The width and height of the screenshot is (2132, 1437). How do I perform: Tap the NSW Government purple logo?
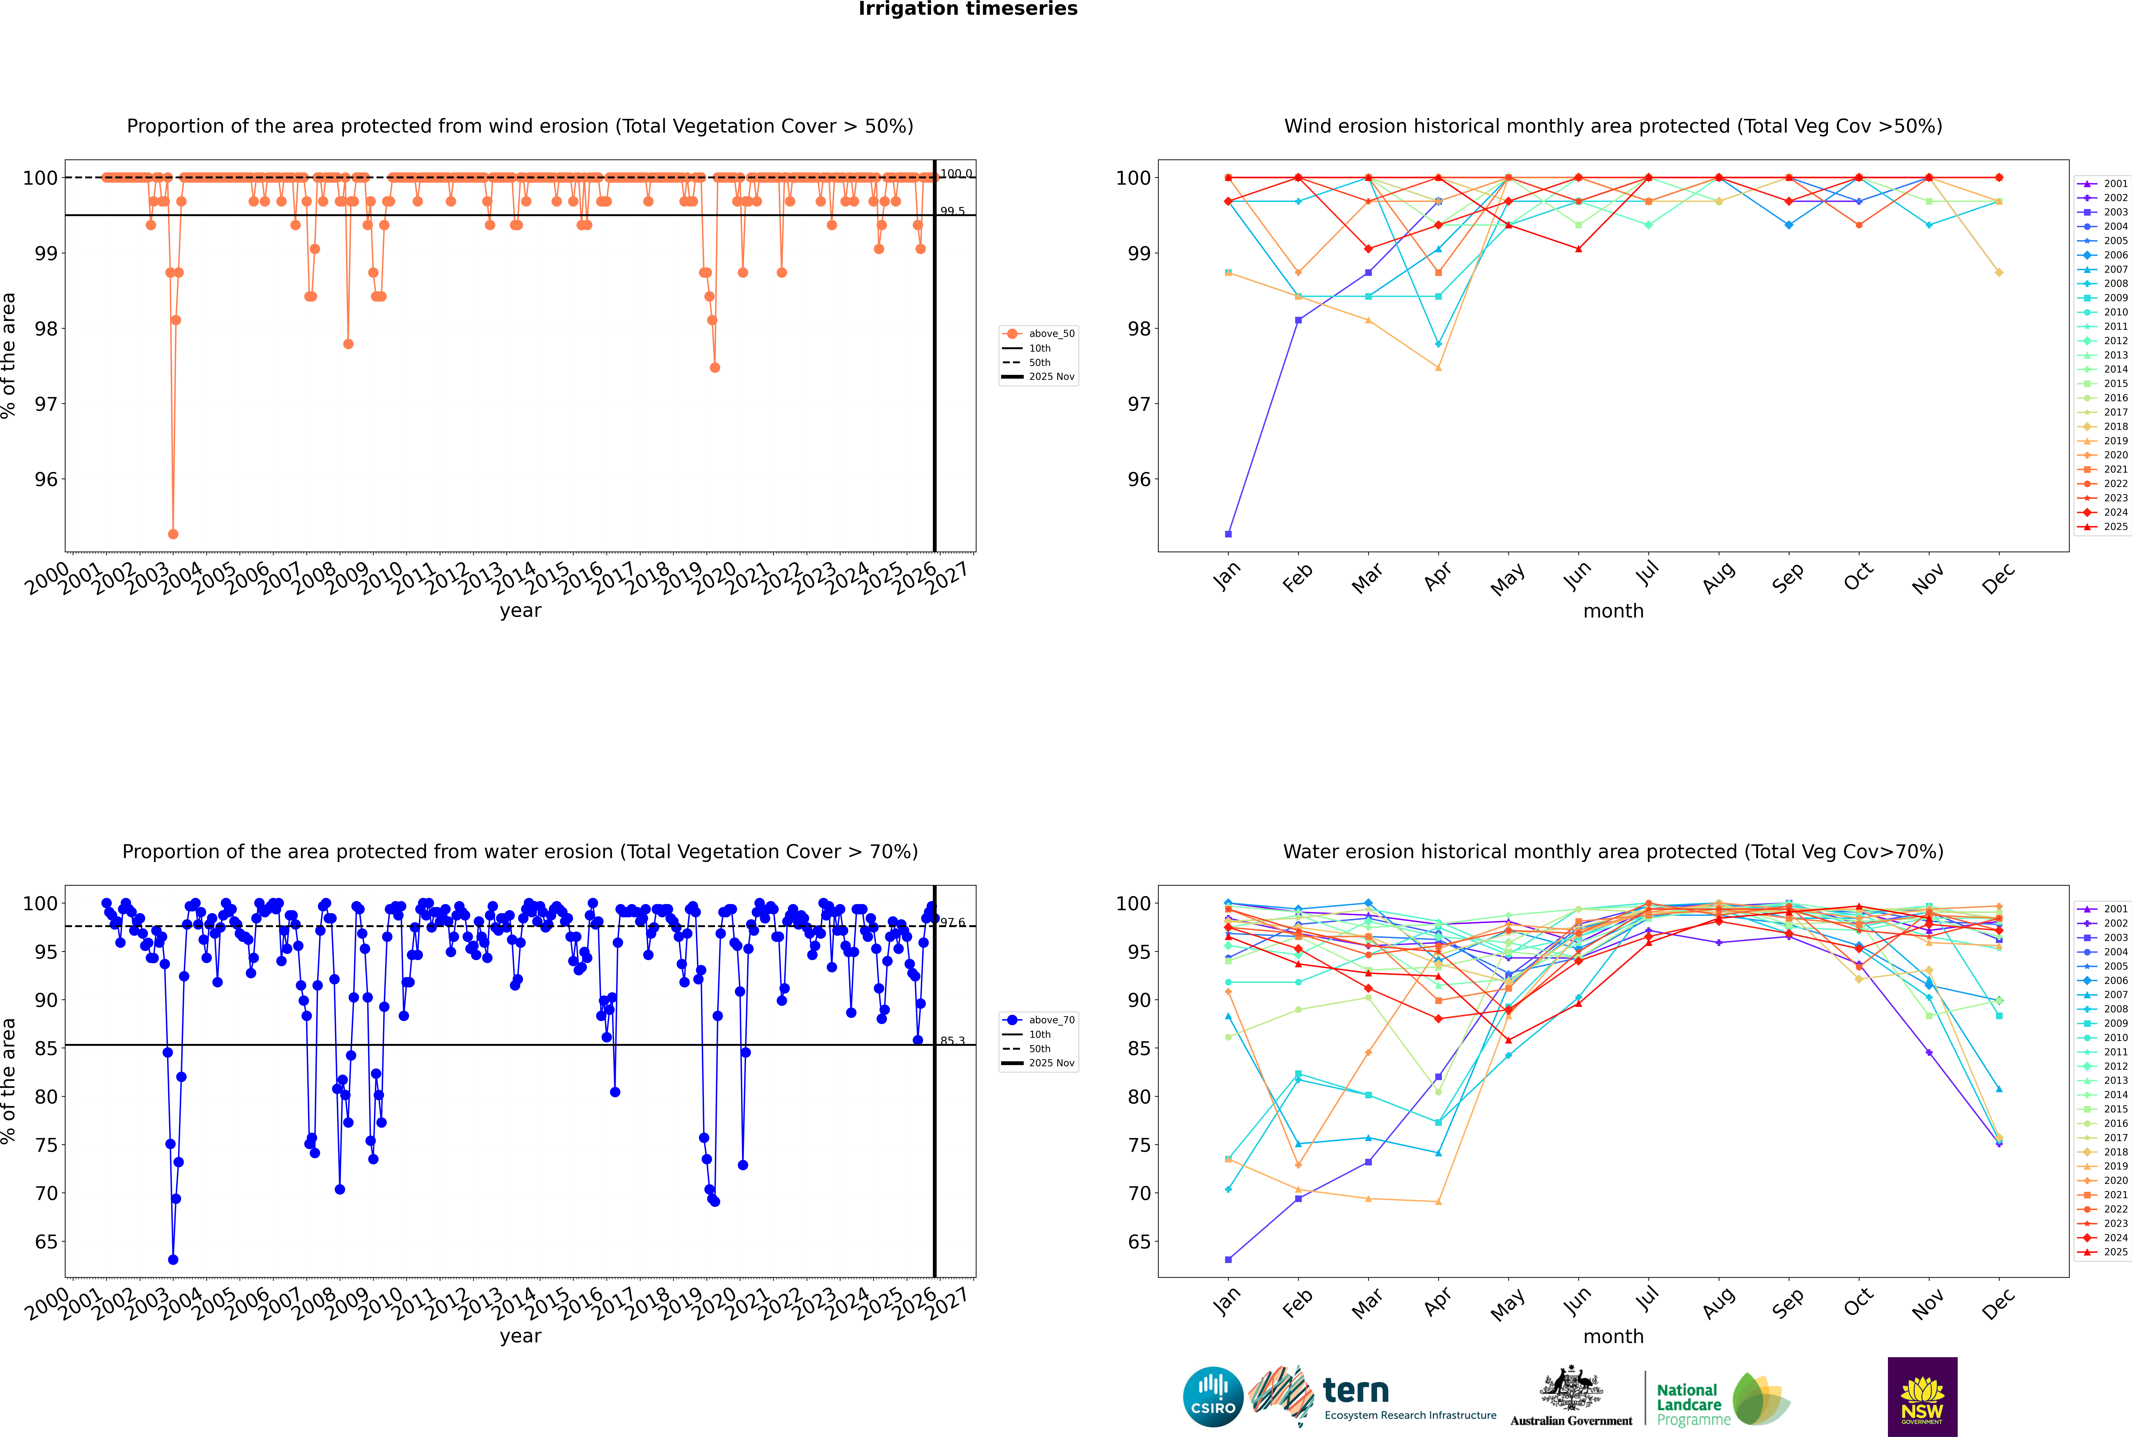pyautogui.click(x=1922, y=1396)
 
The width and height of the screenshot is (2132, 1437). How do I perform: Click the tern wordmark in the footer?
pyautogui.click(x=1356, y=1391)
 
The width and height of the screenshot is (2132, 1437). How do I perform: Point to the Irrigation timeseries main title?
pyautogui.click(x=968, y=9)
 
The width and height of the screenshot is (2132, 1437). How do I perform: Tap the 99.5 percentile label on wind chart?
pyautogui.click(x=952, y=212)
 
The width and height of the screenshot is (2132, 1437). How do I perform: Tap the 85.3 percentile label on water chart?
pyautogui.click(x=952, y=1041)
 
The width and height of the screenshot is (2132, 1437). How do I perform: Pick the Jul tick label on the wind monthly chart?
pyautogui.click(x=1647, y=575)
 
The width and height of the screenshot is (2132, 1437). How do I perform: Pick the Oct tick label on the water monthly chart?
pyautogui.click(x=1857, y=1301)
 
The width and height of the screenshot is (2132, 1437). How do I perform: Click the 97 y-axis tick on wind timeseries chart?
pyautogui.click(x=46, y=404)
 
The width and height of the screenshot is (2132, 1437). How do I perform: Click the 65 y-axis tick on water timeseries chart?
pyautogui.click(x=46, y=1242)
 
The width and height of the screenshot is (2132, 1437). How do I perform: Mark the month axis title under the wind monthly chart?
pyautogui.click(x=1613, y=611)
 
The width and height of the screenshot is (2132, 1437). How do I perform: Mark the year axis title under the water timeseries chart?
pyautogui.click(x=521, y=1336)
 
